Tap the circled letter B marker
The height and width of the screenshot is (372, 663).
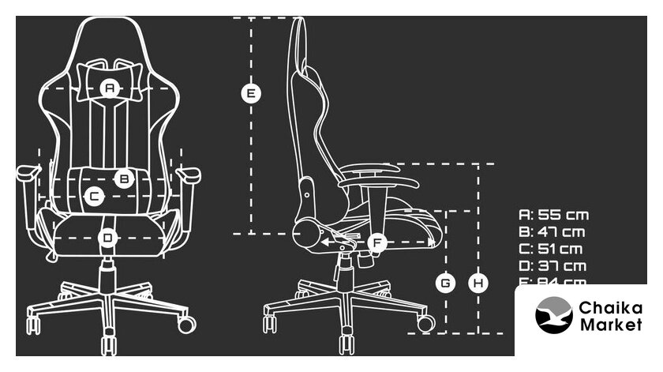[x=123, y=178]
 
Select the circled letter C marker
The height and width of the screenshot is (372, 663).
[x=93, y=195]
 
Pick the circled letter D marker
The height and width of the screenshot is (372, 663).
[x=108, y=237]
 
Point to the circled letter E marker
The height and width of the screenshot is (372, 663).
[x=250, y=94]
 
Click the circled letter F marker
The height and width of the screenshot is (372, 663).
[x=376, y=242]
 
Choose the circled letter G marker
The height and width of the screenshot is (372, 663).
[x=446, y=282]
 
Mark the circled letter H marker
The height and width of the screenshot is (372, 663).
[x=478, y=282]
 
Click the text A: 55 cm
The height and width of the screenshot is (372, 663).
[x=553, y=215]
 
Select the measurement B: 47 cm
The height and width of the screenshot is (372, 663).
[x=552, y=232]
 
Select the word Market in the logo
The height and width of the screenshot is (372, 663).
[x=611, y=325]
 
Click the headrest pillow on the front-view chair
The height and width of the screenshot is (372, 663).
[x=110, y=77]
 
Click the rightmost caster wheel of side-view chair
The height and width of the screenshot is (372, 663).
[x=425, y=323]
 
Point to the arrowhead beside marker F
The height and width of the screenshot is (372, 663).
[x=325, y=242]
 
